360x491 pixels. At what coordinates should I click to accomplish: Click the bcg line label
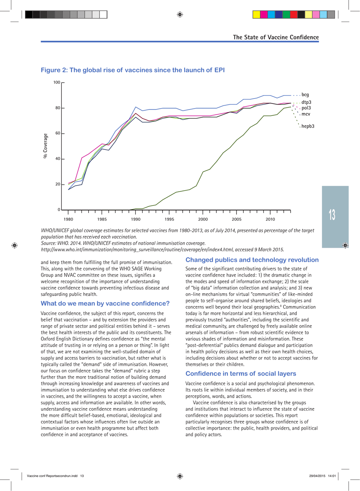(x=305, y=95)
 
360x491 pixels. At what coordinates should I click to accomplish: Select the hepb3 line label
(x=308, y=126)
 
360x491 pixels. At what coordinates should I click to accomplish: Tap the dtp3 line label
(x=306, y=102)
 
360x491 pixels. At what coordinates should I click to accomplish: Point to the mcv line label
(x=306, y=114)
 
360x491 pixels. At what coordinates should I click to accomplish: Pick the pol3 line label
(x=306, y=108)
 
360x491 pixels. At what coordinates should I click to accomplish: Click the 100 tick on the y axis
(x=56, y=82)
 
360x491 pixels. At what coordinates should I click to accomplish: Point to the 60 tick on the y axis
(x=58, y=133)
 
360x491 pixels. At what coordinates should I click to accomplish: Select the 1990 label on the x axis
(x=136, y=219)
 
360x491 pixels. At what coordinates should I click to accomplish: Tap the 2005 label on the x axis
(x=236, y=219)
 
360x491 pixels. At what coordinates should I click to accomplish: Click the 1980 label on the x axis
(x=68, y=219)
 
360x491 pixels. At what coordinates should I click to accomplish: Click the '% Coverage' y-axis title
(x=45, y=146)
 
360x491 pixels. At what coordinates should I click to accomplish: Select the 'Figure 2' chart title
(x=133, y=70)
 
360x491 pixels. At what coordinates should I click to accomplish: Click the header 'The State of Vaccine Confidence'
(x=275, y=37)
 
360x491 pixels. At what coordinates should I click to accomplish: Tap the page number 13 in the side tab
(x=332, y=215)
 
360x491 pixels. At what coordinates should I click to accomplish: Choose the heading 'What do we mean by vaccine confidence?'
(x=105, y=303)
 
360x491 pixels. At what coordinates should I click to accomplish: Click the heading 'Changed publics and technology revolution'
(x=252, y=260)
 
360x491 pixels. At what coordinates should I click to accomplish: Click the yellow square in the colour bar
(x=257, y=15)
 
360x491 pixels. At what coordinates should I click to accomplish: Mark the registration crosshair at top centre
(x=180, y=15)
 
